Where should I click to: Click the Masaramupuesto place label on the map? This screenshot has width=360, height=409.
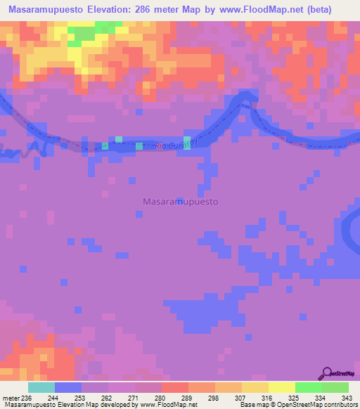[x=180, y=201]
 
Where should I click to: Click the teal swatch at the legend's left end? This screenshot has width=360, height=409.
[x=41, y=387]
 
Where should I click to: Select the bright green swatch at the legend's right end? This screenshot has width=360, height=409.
[x=335, y=387]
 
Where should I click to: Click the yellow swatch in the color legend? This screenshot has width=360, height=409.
[x=282, y=387]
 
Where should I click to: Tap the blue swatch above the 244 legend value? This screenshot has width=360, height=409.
[x=68, y=387]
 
